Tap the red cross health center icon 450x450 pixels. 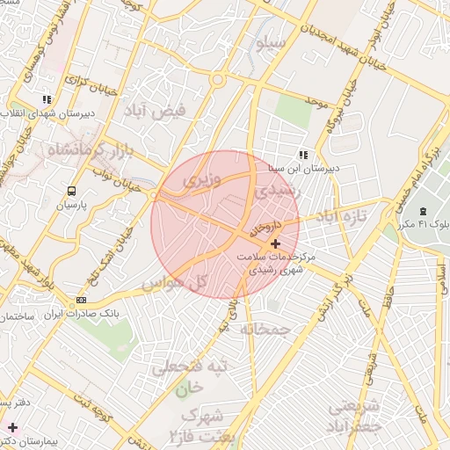[x=276, y=243]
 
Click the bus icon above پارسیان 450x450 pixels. [x=70, y=190]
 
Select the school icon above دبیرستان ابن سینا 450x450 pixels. [x=304, y=155]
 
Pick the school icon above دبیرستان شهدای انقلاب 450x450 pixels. [x=46, y=100]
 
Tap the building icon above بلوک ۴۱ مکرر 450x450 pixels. [x=425, y=212]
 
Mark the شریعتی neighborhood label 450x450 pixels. [x=355, y=407]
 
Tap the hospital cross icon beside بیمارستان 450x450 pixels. [x=11, y=427]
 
